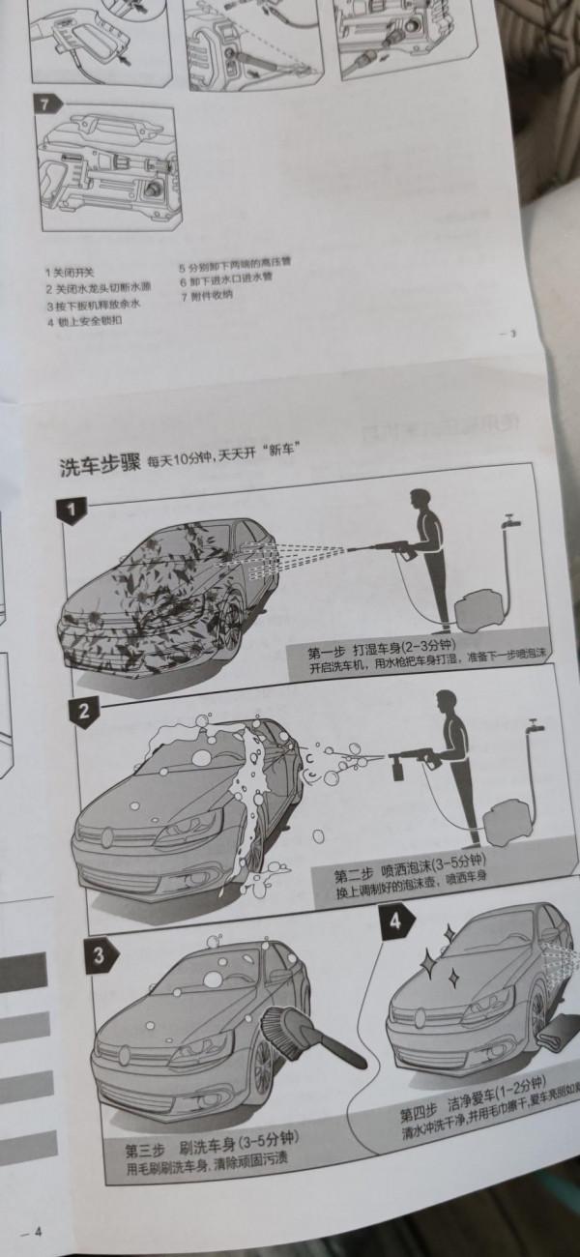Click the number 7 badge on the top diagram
click(x=45, y=102)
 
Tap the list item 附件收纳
click(x=206, y=294)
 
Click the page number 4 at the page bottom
click(x=38, y=1231)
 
